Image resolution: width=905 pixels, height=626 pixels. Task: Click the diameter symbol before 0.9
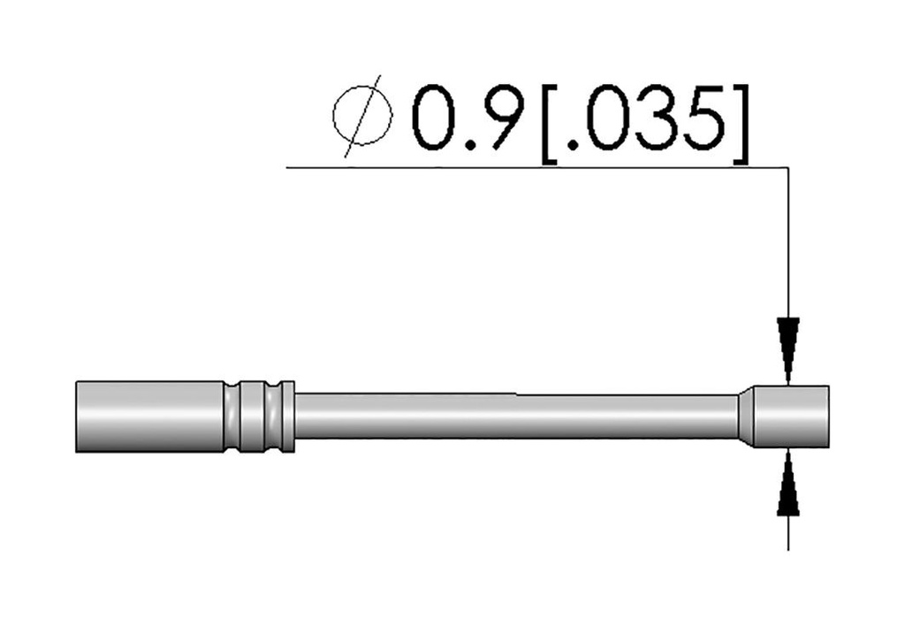[x=361, y=116]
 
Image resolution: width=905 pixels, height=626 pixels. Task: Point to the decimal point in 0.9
[x=471, y=145]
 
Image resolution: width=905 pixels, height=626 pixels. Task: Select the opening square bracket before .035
[x=549, y=124]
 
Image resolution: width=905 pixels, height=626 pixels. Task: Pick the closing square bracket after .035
[x=741, y=124]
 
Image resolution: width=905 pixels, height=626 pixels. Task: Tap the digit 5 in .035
[x=704, y=118]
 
